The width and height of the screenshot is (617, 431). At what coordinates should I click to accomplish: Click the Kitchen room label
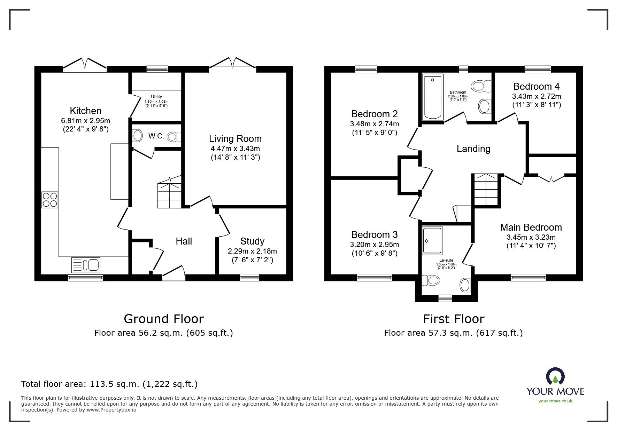click(x=85, y=111)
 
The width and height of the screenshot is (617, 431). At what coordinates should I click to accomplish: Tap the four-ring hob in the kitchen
click(x=50, y=200)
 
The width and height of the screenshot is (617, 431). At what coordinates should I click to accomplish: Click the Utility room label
click(x=156, y=97)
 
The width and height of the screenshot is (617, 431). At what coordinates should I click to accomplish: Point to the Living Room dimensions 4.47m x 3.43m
click(x=235, y=149)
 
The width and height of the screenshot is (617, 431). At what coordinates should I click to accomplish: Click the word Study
click(x=252, y=241)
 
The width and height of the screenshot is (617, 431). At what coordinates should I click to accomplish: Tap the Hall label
click(x=184, y=241)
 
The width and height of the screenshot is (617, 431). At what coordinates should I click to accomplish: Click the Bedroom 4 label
click(x=537, y=86)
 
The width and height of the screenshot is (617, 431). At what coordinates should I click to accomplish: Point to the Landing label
click(x=473, y=149)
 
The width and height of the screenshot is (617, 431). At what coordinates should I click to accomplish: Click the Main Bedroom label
click(x=531, y=228)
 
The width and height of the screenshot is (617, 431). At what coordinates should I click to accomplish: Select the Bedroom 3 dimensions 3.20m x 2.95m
click(x=374, y=245)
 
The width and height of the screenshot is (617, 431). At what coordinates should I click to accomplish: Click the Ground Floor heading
click(x=164, y=319)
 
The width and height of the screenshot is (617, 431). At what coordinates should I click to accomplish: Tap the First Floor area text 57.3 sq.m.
click(x=453, y=333)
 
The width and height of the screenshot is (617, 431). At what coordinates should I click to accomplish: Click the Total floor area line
click(x=109, y=384)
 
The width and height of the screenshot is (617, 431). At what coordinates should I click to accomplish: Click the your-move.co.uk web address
click(x=555, y=401)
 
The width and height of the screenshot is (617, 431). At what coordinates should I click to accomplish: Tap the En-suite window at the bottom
click(x=445, y=298)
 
